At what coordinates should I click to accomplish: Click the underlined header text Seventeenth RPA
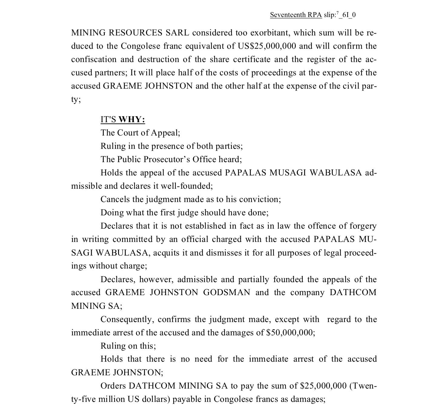[296, 15]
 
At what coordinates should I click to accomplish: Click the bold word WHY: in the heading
[132, 119]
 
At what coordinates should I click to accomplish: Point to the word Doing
[112, 213]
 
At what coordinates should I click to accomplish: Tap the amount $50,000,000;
[290, 333]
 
